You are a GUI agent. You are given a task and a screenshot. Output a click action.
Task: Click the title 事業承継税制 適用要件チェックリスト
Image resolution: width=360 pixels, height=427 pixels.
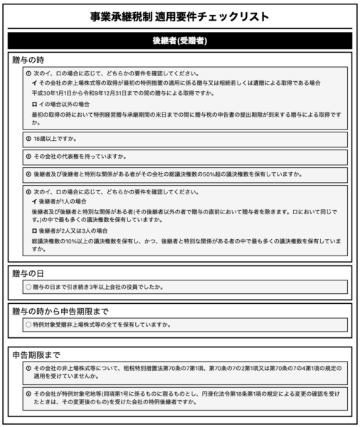[x=180, y=15]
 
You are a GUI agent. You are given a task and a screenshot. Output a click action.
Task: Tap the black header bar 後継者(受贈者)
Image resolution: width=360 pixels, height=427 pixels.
[x=180, y=41]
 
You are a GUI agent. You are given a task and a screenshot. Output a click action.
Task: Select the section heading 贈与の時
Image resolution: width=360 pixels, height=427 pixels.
[x=28, y=60]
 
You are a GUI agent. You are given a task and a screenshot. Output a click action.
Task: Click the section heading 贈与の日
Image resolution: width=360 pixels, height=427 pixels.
[x=28, y=273]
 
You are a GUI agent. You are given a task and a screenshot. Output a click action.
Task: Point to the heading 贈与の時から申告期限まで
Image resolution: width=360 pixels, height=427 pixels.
[x=60, y=310]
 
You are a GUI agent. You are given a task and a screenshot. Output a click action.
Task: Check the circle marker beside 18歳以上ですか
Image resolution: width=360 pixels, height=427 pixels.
[x=28, y=138]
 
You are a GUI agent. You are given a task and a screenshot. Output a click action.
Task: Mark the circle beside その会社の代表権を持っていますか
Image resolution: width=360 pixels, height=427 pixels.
[x=28, y=156]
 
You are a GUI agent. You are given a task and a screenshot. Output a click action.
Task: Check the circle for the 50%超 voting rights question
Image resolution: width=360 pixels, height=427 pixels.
[x=28, y=174]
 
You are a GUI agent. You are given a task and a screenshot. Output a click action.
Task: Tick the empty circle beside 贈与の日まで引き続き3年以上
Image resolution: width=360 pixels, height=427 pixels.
[x=28, y=288]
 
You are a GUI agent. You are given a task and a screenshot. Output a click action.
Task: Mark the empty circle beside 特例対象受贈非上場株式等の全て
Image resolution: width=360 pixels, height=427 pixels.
[x=28, y=325]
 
